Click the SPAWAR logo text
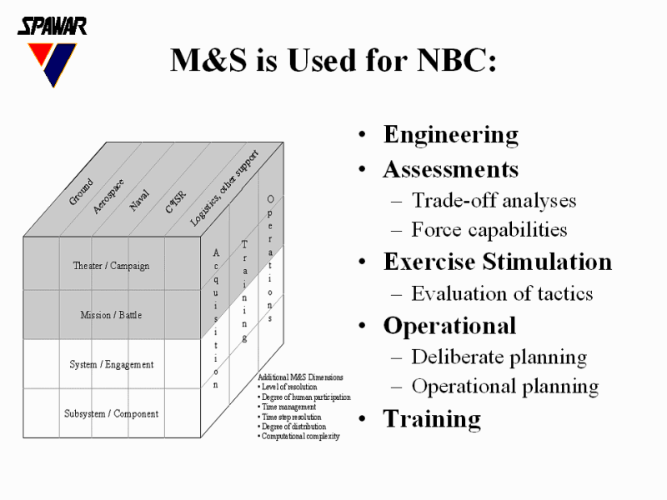(52, 26)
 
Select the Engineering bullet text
(450, 135)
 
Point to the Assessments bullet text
(450, 170)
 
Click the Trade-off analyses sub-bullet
(494, 200)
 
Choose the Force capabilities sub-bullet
(489, 229)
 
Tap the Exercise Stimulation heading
(497, 262)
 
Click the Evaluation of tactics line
(502, 293)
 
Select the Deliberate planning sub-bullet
(499, 357)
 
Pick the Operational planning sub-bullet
(504, 387)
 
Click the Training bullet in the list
(432, 418)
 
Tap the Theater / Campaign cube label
(111, 266)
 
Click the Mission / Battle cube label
(111, 315)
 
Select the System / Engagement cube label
(111, 364)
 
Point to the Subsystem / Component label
(111, 413)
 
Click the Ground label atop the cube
(81, 192)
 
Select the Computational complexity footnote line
(300, 436)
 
